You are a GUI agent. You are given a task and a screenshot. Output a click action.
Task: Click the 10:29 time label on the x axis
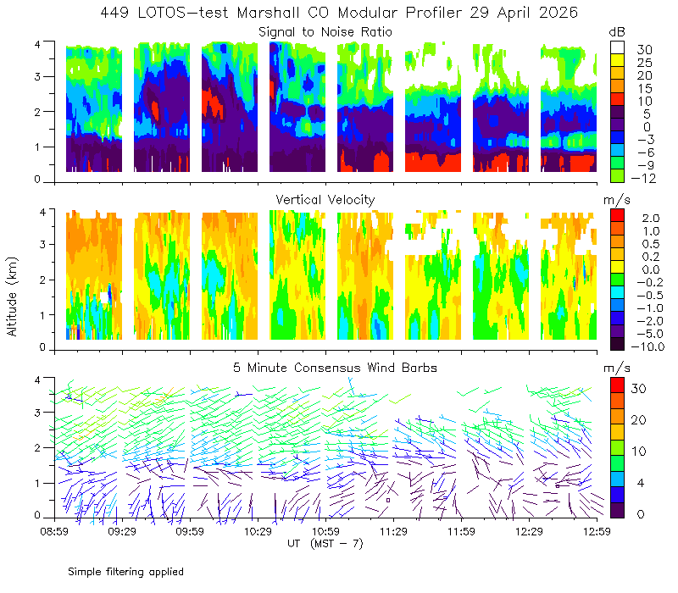258,531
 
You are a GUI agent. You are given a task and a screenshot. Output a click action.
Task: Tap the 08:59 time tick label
54,531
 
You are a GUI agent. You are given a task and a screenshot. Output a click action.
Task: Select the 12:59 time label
597,531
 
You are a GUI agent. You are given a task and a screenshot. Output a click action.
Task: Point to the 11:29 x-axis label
393,531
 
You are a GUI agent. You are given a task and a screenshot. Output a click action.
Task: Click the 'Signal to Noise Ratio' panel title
325,32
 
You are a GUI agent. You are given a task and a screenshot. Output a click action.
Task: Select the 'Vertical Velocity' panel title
325,200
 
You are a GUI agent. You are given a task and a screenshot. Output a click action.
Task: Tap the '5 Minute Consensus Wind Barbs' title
335,368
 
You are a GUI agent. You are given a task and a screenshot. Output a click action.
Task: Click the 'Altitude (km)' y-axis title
12,296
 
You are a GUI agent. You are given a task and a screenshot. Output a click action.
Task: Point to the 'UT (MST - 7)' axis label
325,544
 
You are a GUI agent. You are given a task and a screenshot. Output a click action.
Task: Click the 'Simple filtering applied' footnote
125,572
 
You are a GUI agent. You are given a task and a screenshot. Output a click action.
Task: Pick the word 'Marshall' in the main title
268,13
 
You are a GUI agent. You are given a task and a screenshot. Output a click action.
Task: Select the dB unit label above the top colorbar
617,32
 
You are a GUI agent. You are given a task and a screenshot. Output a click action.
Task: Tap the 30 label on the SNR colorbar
645,50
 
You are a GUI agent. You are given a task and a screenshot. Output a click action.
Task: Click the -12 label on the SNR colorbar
643,178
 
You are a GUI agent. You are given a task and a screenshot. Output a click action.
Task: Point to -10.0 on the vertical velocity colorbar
647,346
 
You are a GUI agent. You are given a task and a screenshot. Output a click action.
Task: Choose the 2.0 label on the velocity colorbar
651,219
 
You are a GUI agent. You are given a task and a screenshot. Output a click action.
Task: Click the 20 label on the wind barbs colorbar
638,420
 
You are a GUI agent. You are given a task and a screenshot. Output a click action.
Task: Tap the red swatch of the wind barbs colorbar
617,385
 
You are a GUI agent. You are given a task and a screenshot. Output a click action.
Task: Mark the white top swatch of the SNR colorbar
617,47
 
